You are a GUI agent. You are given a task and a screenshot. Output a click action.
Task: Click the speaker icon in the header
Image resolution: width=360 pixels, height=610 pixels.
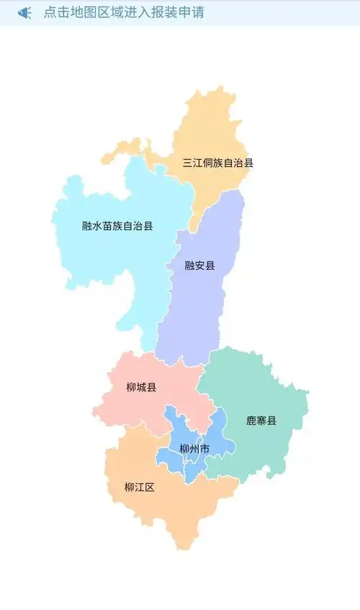(24, 13)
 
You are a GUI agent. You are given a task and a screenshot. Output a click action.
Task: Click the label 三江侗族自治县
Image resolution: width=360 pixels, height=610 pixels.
(217, 163)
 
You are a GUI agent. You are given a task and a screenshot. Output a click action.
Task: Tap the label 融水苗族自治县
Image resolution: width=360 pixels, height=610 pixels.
(117, 225)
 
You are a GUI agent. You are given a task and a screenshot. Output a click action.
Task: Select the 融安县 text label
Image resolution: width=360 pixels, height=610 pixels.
(199, 266)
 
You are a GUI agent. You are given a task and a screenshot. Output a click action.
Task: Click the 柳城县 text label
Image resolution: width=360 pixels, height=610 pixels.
(141, 387)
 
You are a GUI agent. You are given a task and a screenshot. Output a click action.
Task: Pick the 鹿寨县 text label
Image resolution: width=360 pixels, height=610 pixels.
(261, 421)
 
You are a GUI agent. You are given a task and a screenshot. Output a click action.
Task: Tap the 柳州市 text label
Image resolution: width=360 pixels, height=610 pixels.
(194, 449)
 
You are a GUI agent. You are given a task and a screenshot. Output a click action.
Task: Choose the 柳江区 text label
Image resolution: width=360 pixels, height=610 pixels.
(140, 488)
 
